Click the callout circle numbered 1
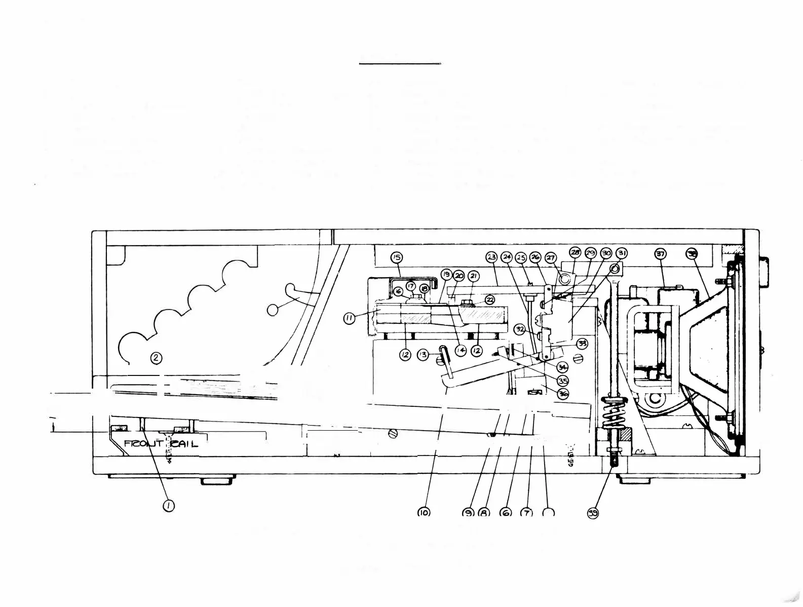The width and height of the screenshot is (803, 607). point(169,505)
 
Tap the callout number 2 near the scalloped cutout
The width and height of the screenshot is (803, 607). point(157,358)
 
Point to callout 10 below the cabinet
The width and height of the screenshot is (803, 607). point(424,513)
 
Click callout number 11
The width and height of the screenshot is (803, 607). point(350,319)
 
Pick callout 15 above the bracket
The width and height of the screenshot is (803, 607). point(397,257)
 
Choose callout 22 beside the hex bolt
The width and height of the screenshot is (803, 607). point(490,300)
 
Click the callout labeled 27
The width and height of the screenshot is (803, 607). point(550,258)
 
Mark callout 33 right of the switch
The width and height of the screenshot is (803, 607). point(582,343)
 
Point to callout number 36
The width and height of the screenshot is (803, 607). point(563,394)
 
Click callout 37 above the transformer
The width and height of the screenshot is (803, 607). point(661,254)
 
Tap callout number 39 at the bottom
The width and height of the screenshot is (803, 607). point(593,513)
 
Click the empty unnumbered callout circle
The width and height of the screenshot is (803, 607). point(549,513)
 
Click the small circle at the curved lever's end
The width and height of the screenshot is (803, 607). point(273,310)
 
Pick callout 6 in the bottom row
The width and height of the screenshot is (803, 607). point(506,513)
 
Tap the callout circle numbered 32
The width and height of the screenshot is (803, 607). point(520,329)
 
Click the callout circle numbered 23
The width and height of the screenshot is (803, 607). point(491,257)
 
